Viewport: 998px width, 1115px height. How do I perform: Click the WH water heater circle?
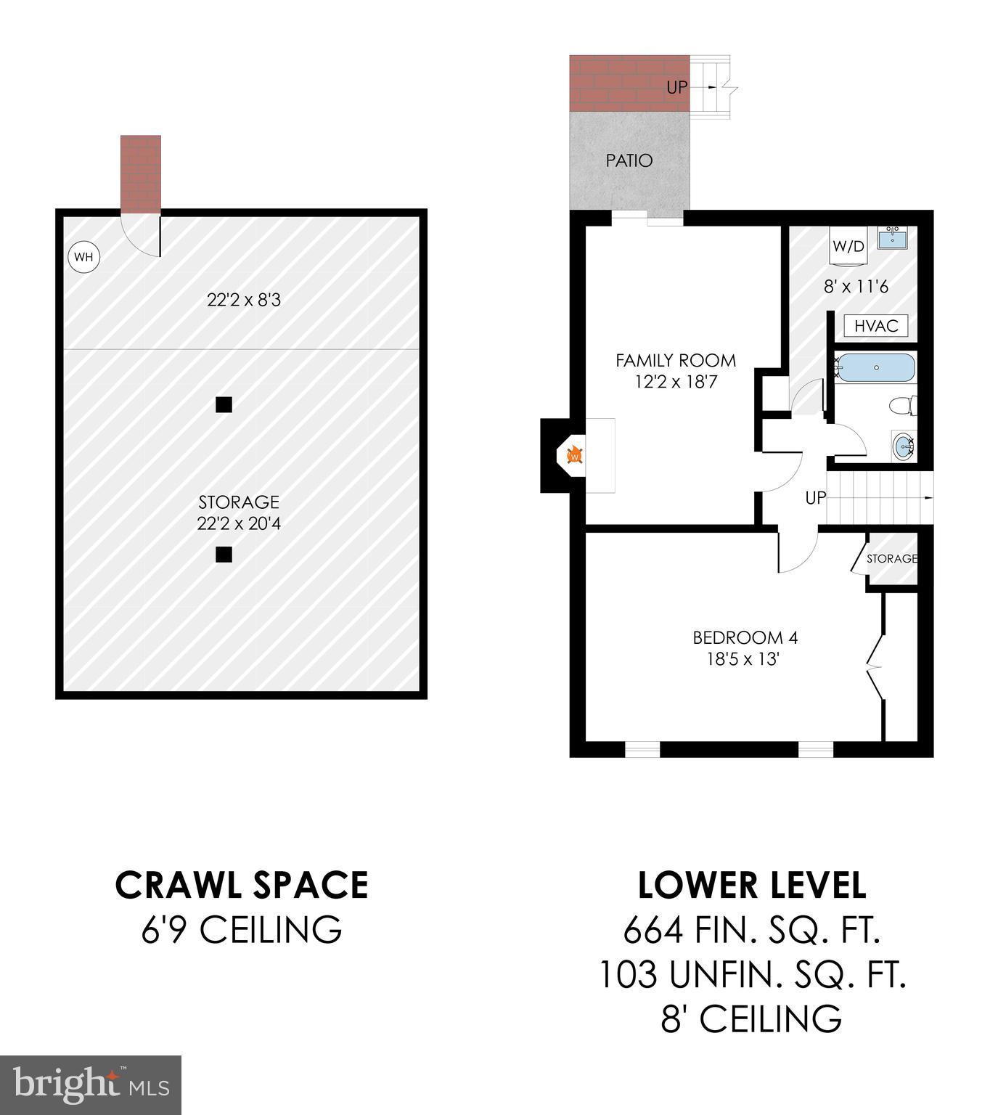[83, 256]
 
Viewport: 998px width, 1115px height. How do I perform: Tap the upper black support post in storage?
[224, 404]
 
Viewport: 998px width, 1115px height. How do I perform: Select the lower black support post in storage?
[224, 555]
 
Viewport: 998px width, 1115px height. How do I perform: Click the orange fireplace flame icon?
[574, 456]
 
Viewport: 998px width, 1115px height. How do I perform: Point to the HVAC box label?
[876, 326]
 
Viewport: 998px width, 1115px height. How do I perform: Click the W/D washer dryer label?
[848, 246]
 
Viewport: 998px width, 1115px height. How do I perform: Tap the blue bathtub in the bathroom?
[876, 368]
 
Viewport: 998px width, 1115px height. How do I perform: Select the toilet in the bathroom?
[905, 406]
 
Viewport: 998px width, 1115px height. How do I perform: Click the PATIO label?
[629, 160]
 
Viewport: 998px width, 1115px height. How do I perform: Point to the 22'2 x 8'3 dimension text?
[244, 299]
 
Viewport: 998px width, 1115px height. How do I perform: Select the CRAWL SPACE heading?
[242, 885]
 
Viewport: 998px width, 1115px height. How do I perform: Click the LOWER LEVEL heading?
[752, 885]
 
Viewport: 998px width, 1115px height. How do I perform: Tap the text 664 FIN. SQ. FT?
[752, 930]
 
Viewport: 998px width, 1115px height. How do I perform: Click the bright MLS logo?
[91, 1085]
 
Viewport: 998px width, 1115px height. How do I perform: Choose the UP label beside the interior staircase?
[816, 498]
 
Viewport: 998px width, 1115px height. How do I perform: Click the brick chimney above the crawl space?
[140, 174]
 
